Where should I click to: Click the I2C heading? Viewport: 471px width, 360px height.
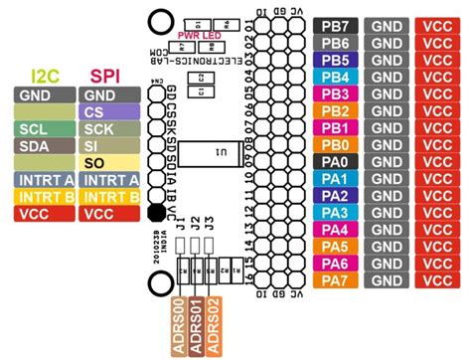pos(45,76)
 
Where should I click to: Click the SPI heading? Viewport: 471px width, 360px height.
pos(106,76)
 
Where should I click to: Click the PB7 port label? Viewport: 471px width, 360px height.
pos(335,25)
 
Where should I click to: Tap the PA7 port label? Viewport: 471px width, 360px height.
pos(335,280)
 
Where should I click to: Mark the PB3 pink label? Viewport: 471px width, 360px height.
pos(335,92)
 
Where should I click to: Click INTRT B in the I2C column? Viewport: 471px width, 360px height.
pos(45,196)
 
